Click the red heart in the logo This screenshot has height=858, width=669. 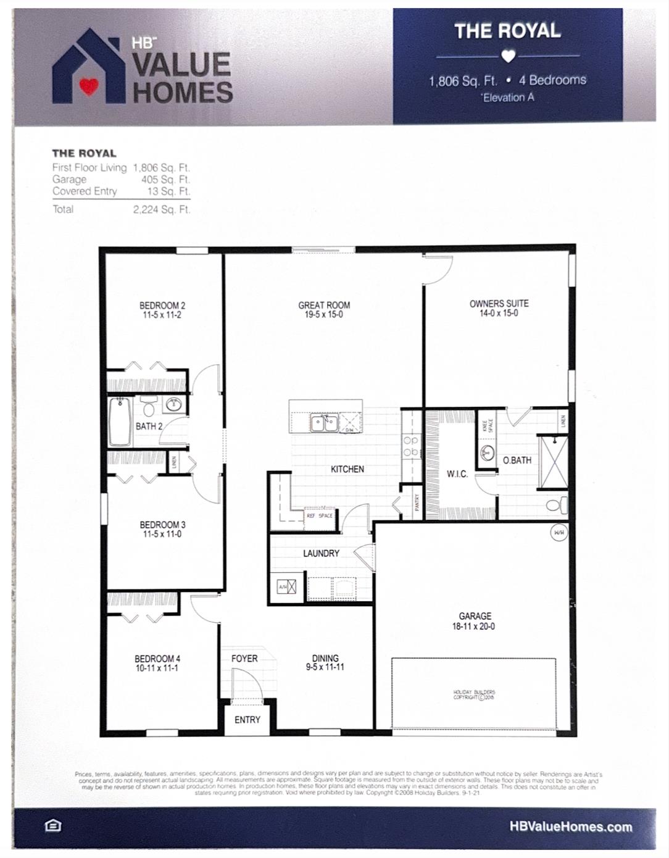pos(89,86)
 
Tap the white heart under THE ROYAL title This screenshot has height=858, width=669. pos(508,56)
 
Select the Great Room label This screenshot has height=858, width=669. pos(324,305)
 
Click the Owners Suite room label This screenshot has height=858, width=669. pos(499,304)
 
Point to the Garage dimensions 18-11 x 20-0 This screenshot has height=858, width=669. pos(475,626)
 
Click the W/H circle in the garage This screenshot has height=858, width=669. pos(559,532)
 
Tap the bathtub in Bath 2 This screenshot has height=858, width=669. pos(119,422)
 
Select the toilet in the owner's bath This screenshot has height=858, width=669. pos(557,506)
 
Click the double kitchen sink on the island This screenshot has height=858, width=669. pos(324,423)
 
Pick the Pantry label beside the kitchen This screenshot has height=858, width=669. pos(417,502)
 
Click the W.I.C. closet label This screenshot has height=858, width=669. pos(457,474)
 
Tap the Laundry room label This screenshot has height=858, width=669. pos(321,553)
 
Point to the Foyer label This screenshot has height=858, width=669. pos(244,659)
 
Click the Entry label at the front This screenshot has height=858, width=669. pos(247,720)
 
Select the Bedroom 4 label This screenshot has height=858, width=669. pos(157,659)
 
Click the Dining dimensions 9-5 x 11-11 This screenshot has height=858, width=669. pos(325,667)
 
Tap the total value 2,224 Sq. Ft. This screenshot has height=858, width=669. pos(162,210)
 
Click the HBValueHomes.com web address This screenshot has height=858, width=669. pos(571,827)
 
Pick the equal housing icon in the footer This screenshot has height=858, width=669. pos(54,826)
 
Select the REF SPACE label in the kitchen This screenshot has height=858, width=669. pos(320,515)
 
